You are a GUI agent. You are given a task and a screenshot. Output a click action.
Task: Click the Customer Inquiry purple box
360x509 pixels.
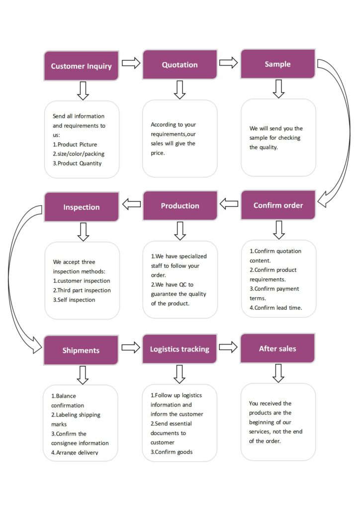[x=82, y=66]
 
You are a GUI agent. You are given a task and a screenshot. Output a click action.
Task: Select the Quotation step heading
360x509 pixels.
[x=180, y=65]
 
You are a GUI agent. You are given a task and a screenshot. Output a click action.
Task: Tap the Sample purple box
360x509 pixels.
[x=278, y=64]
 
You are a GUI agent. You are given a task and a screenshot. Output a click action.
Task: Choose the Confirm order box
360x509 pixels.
[x=278, y=205]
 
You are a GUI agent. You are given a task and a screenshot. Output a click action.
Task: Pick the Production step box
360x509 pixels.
[x=180, y=206]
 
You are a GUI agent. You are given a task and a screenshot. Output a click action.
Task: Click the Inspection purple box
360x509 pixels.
[x=82, y=207]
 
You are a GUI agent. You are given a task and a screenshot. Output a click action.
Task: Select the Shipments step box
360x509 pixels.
[x=81, y=350]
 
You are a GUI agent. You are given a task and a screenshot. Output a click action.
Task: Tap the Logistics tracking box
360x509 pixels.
[x=180, y=349]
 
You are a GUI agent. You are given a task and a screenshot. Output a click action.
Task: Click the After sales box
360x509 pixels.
[x=277, y=348]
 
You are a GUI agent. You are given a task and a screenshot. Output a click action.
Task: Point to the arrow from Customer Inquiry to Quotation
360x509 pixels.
[x=131, y=63]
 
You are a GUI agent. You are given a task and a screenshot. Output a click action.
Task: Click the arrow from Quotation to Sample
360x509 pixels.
[x=228, y=62]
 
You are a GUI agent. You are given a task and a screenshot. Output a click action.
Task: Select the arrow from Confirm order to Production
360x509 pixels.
[x=229, y=203]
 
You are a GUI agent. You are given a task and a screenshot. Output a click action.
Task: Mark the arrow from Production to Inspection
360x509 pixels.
[x=131, y=203]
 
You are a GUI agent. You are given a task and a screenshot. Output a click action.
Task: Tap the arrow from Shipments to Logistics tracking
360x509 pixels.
[x=131, y=347]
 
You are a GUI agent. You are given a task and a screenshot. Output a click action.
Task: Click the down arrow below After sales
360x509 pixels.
[x=278, y=373]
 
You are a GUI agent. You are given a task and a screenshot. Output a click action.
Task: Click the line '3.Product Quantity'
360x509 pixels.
[x=77, y=164]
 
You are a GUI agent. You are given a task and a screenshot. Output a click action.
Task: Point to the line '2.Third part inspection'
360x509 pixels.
[x=82, y=290]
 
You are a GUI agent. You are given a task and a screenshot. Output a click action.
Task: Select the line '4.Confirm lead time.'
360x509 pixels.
[x=275, y=308]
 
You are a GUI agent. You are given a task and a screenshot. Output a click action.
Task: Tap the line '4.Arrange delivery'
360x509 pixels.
[x=75, y=452]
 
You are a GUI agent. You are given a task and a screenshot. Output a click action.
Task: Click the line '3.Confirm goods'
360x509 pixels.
[x=172, y=452]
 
